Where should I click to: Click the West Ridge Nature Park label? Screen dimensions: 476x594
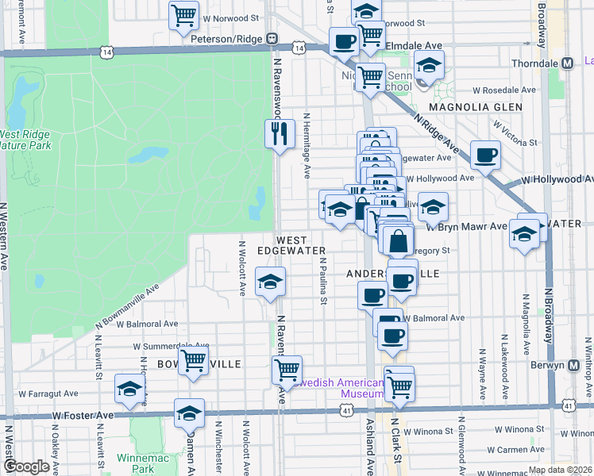[25, 140]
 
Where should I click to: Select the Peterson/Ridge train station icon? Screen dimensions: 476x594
[272, 37]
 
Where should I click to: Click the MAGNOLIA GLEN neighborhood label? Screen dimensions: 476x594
[476, 106]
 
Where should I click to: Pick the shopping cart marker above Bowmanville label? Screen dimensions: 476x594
[193, 360]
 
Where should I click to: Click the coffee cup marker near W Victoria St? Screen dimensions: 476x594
[484, 155]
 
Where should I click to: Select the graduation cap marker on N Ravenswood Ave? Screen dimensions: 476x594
[270, 282]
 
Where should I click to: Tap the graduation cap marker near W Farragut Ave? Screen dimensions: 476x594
[129, 388]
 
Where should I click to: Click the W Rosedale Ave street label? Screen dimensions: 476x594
[509, 90]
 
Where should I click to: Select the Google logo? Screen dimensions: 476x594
[26, 466]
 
